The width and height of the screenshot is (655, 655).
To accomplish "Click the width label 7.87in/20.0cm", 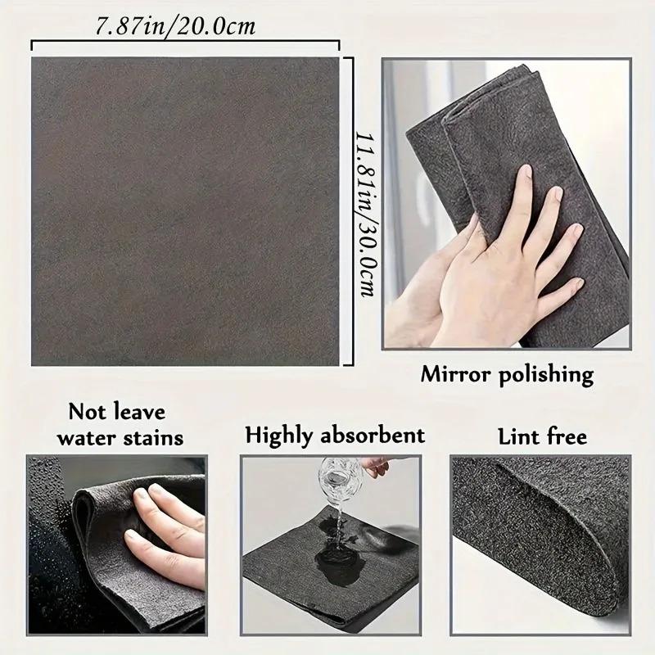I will click(x=175, y=27).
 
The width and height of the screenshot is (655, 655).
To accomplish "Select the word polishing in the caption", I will click(x=547, y=376).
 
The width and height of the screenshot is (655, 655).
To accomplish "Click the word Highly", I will click(x=282, y=435).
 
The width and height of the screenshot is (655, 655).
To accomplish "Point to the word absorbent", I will click(x=376, y=435).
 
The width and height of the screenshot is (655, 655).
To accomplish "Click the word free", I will click(x=567, y=436).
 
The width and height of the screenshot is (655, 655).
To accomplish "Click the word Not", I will click(x=85, y=410).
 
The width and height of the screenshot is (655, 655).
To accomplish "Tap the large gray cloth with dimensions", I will click(x=184, y=211).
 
